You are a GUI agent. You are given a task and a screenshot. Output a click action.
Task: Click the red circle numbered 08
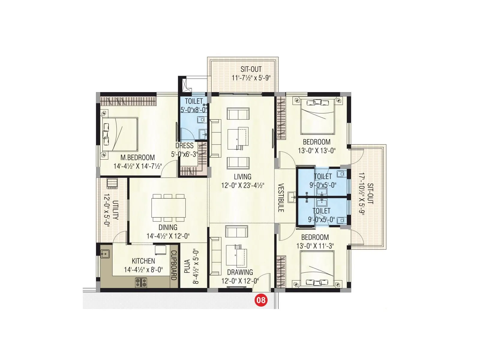coord(260,300)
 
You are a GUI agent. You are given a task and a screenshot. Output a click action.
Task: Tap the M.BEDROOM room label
coord(138,157)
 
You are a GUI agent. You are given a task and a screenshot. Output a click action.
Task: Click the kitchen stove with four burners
coord(141,282)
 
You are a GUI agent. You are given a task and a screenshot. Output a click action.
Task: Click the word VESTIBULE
coord(281,198)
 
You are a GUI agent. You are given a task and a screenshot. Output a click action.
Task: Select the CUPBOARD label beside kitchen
coord(174,265)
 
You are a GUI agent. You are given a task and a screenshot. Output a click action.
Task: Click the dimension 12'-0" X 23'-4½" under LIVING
coord(243,186)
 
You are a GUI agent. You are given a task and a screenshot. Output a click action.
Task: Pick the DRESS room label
coord(184,146)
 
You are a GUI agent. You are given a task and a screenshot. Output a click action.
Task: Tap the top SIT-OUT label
coord(251,69)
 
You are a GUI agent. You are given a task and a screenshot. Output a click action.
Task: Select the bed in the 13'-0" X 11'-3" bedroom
coord(317,270)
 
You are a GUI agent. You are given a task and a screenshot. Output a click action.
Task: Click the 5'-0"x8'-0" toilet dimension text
coord(193,110)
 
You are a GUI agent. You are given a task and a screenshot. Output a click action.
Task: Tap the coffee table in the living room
coord(238,138)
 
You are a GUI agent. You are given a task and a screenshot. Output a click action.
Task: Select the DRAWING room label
coord(240,272)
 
